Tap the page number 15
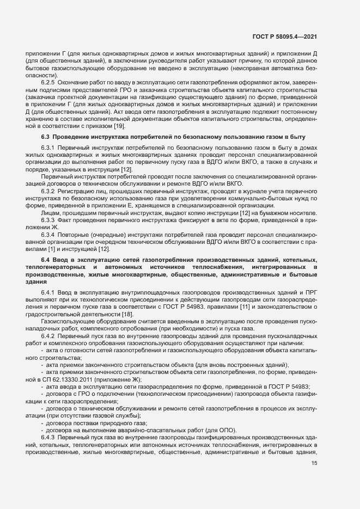click(x=314, y=463)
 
